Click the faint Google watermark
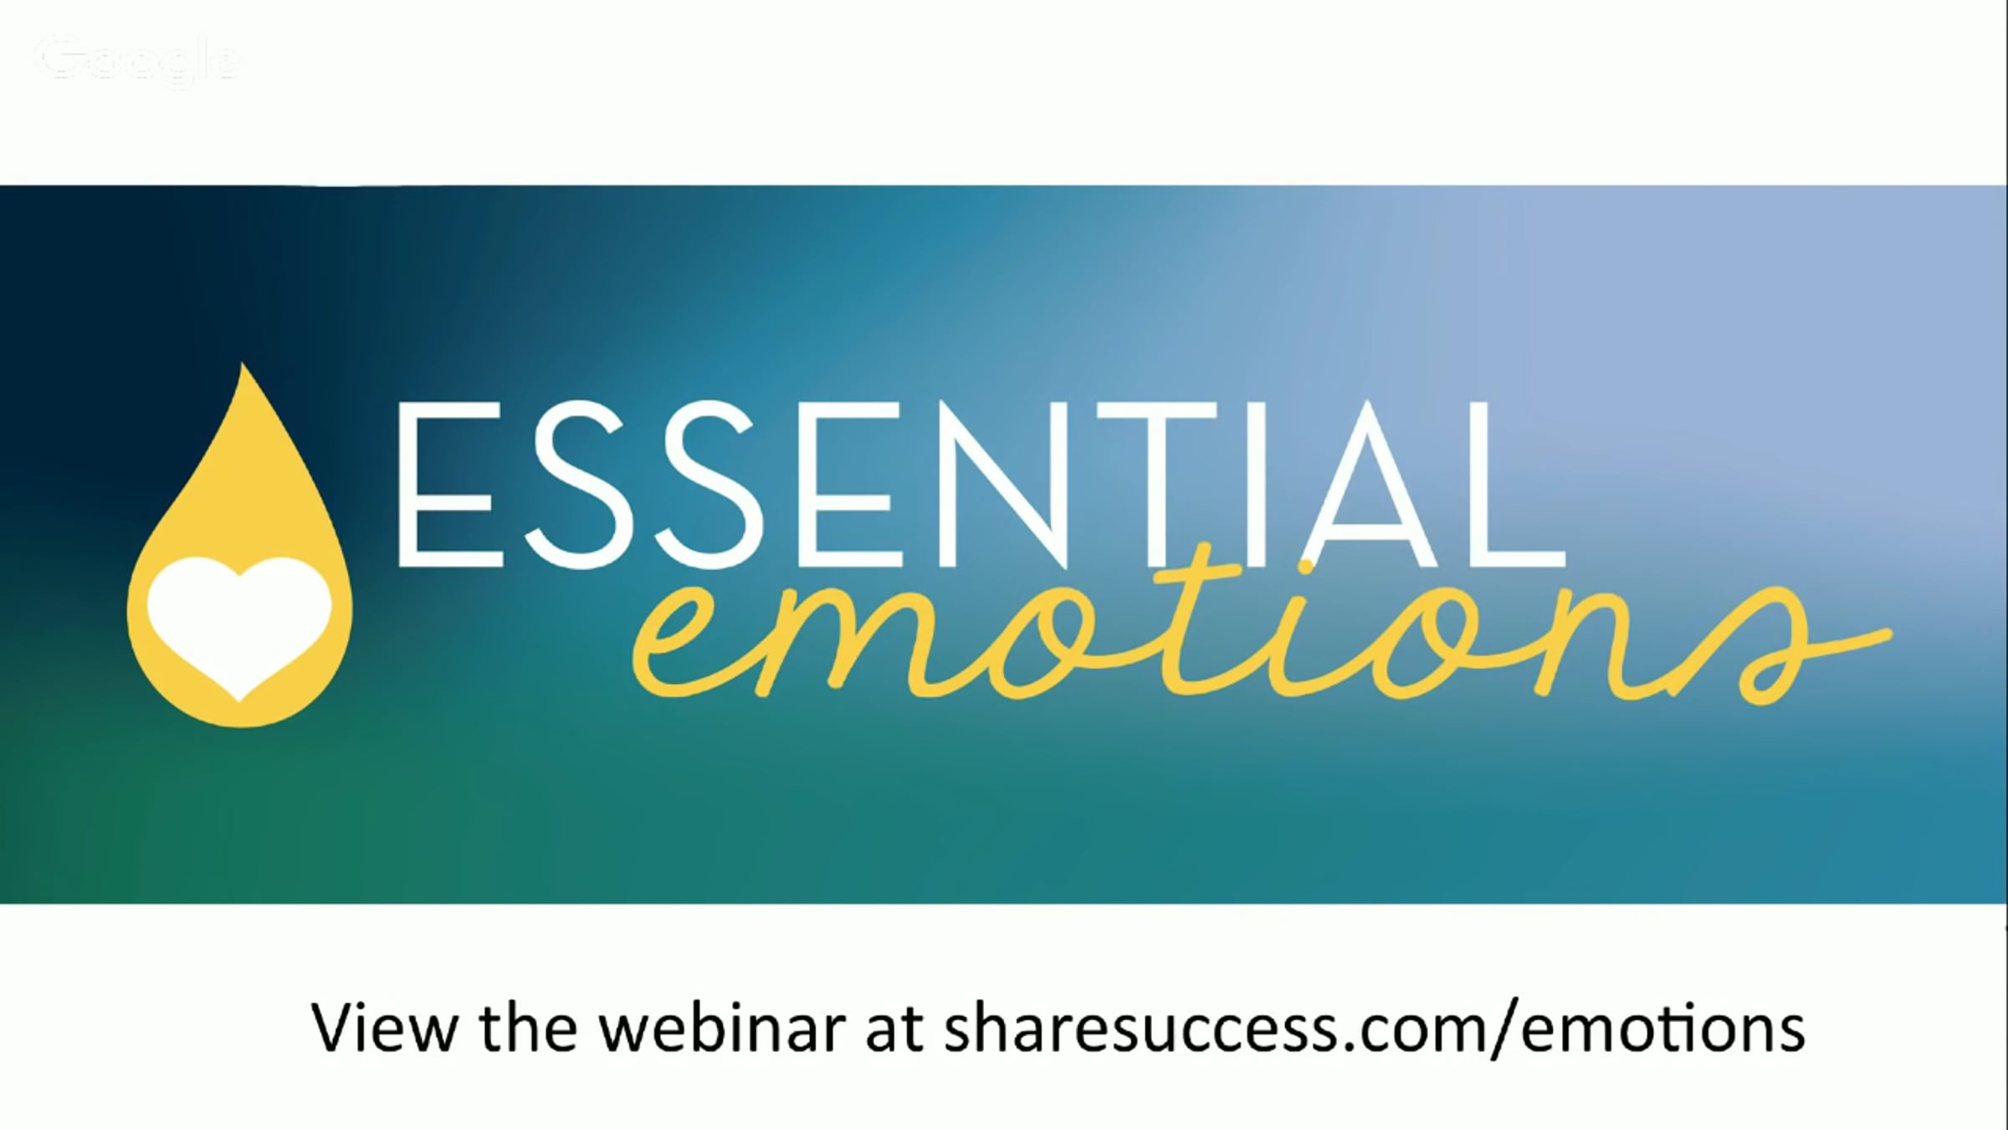[x=139, y=61]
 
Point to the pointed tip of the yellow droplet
[x=243, y=365]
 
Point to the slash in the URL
[x=1507, y=1028]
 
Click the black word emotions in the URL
[x=1663, y=1028]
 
